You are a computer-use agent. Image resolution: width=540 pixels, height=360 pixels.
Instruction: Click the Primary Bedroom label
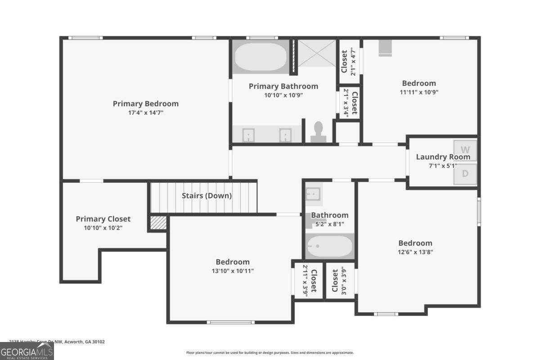145,103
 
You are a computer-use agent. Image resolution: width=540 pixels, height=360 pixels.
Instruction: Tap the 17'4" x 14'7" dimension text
145,113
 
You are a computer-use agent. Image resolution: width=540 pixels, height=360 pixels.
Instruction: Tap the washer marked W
465,149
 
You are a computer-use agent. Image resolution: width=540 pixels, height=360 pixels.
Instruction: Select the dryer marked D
465,174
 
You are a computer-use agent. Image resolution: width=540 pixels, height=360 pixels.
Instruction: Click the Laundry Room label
443,157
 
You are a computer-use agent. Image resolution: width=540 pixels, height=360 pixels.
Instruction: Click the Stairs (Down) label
207,196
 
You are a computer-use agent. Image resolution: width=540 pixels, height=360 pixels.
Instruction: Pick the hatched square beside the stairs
158,223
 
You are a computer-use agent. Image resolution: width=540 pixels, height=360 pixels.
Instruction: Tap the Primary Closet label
103,219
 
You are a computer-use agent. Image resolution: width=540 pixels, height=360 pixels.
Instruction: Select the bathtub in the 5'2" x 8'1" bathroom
329,246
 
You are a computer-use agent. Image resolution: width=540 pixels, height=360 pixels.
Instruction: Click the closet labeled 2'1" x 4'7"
349,61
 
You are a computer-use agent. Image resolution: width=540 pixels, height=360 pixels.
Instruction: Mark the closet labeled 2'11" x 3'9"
308,280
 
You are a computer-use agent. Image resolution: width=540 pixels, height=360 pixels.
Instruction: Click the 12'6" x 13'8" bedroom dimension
415,252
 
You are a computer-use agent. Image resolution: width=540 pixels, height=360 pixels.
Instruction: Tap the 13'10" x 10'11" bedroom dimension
232,271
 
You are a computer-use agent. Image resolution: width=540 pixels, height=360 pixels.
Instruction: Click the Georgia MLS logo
27,351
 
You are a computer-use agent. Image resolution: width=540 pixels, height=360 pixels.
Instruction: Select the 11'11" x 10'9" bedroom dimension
418,92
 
